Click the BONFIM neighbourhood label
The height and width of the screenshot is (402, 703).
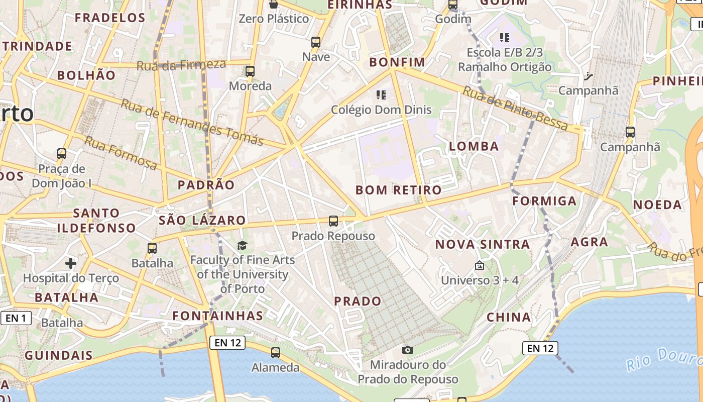[x=397, y=62]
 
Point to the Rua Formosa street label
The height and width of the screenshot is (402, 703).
[x=121, y=152]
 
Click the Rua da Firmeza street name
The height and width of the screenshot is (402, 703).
[x=181, y=65]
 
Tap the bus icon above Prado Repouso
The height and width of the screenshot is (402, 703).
[x=333, y=221]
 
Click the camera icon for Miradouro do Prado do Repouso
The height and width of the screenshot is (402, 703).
[x=408, y=350]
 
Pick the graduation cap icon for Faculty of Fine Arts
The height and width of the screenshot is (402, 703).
[x=243, y=245]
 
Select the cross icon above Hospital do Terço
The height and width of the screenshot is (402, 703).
[x=71, y=263]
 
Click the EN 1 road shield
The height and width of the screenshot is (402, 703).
[x=16, y=318]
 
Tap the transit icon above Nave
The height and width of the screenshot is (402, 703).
[x=316, y=42]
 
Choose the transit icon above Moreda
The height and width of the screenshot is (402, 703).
[x=250, y=71]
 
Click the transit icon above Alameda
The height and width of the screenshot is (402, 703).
[x=275, y=353]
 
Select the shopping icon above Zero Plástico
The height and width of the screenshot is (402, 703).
[x=274, y=5]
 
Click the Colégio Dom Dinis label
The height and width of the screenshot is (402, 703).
[x=381, y=110]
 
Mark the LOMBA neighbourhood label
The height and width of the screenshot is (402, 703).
[x=474, y=146]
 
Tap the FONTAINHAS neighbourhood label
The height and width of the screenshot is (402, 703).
[x=217, y=316]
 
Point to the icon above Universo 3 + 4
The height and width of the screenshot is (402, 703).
[x=480, y=265]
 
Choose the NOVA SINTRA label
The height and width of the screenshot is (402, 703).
[x=482, y=245]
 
